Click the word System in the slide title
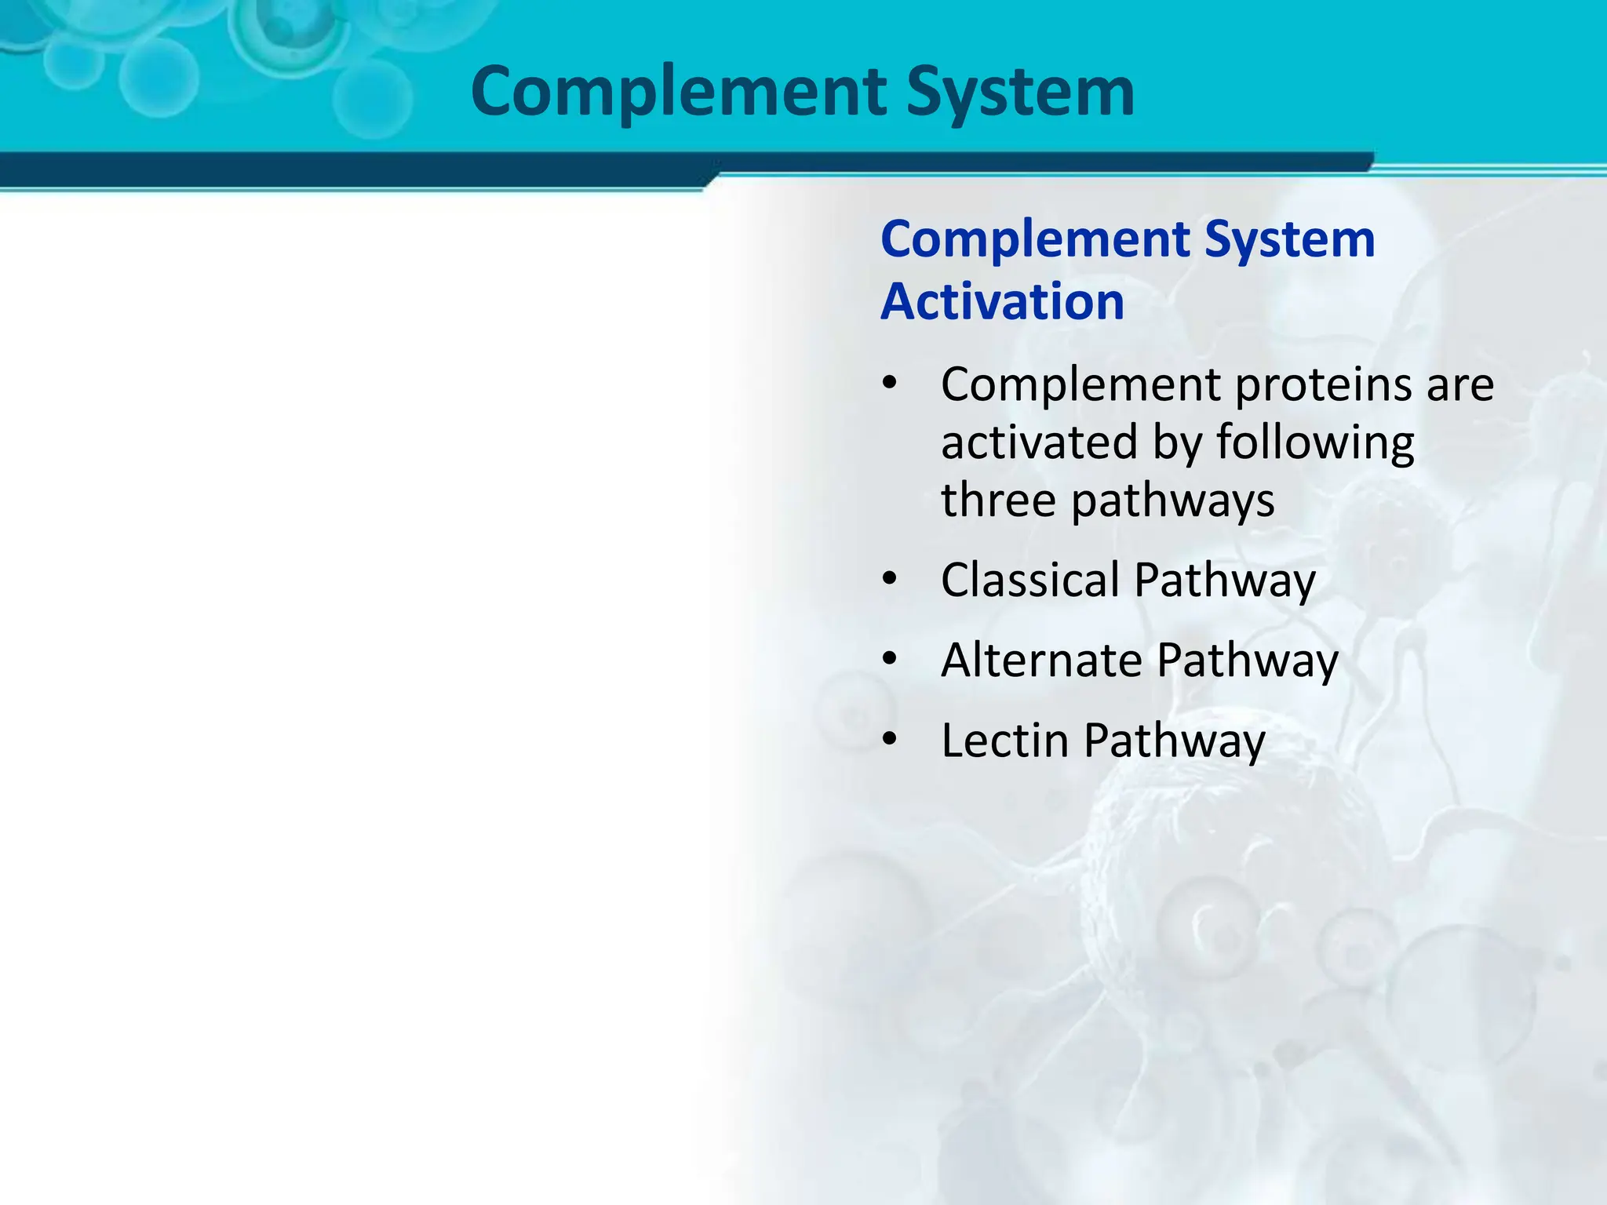pyautogui.click(x=1020, y=93)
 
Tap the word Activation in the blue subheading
pyautogui.click(x=1002, y=301)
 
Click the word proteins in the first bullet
pyautogui.click(x=1324, y=385)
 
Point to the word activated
pyautogui.click(x=1039, y=442)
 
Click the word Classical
pyautogui.click(x=1029, y=581)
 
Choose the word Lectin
pyautogui.click(x=1004, y=741)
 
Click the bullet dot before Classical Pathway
pyautogui.click(x=889, y=580)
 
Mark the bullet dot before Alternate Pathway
pyautogui.click(x=889, y=660)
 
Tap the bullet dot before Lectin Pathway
pyautogui.click(x=889, y=740)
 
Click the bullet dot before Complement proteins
pyautogui.click(x=889, y=384)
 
